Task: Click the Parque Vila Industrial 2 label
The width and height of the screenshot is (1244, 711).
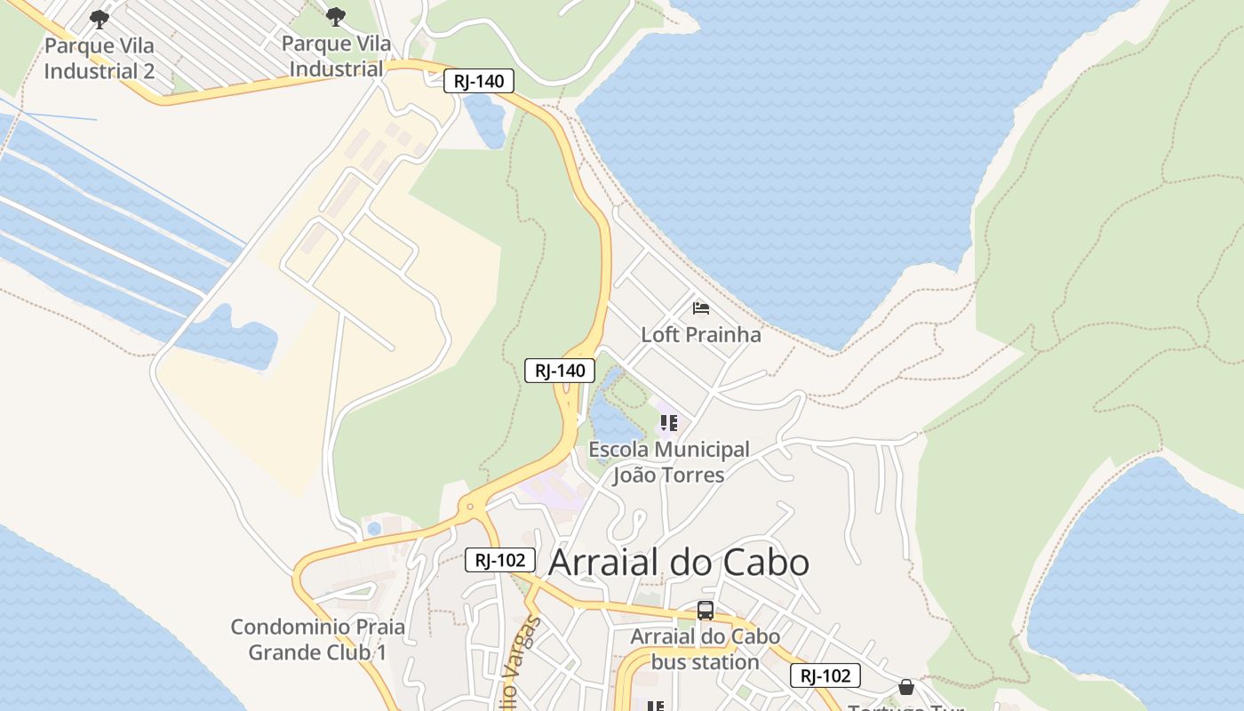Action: [x=100, y=59]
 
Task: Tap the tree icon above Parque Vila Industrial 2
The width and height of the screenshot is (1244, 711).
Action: [x=100, y=18]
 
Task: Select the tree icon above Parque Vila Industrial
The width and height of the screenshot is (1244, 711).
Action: [x=336, y=16]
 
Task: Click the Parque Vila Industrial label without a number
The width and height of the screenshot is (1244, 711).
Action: [x=336, y=56]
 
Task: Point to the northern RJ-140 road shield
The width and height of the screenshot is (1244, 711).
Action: [x=479, y=82]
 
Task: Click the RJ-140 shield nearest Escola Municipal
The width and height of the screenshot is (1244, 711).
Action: [x=560, y=371]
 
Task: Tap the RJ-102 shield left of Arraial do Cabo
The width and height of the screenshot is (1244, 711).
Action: [x=500, y=560]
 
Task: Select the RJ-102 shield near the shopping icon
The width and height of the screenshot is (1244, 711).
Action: [x=825, y=675]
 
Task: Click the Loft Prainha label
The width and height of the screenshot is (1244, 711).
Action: [x=701, y=335]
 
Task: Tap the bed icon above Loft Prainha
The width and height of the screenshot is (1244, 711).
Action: [x=701, y=308]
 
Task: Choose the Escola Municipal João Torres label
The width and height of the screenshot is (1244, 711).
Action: [x=669, y=462]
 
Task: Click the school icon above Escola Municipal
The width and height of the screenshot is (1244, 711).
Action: [x=669, y=423]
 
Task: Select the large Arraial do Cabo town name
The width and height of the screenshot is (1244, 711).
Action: [x=679, y=563]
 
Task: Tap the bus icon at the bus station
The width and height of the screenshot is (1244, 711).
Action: [x=706, y=611]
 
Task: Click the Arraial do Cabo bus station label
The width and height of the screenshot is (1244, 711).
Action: [x=706, y=650]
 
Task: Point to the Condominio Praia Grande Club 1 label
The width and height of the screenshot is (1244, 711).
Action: [x=317, y=640]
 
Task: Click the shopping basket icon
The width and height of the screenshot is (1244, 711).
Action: [x=906, y=687]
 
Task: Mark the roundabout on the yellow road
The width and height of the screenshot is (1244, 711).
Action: [x=470, y=507]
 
